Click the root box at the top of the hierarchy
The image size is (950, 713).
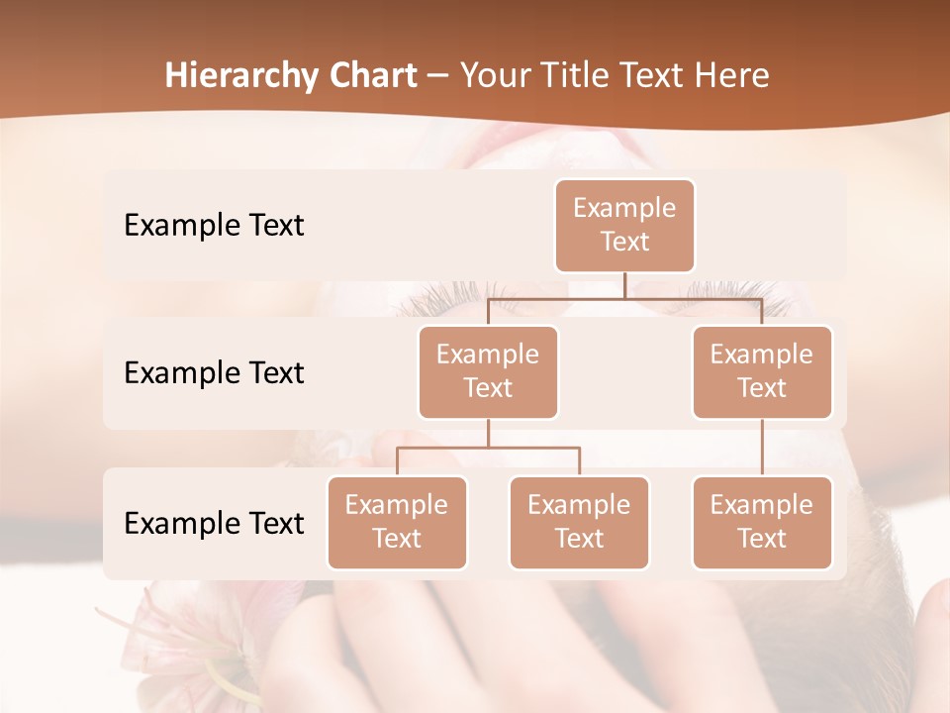pos(624,226)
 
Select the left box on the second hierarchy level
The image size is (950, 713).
pos(488,372)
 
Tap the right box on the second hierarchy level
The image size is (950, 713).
pos(762,372)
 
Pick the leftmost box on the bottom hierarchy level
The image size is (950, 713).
pos(397,523)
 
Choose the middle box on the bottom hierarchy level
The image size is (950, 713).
pos(579,523)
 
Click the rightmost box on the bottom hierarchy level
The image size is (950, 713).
pos(762,523)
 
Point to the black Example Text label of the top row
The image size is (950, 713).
pos(214,226)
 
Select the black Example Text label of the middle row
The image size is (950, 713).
pos(214,373)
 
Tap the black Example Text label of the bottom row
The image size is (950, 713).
pos(214,524)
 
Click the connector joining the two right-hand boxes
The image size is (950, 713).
pos(762,448)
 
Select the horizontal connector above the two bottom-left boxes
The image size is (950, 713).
pos(488,448)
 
